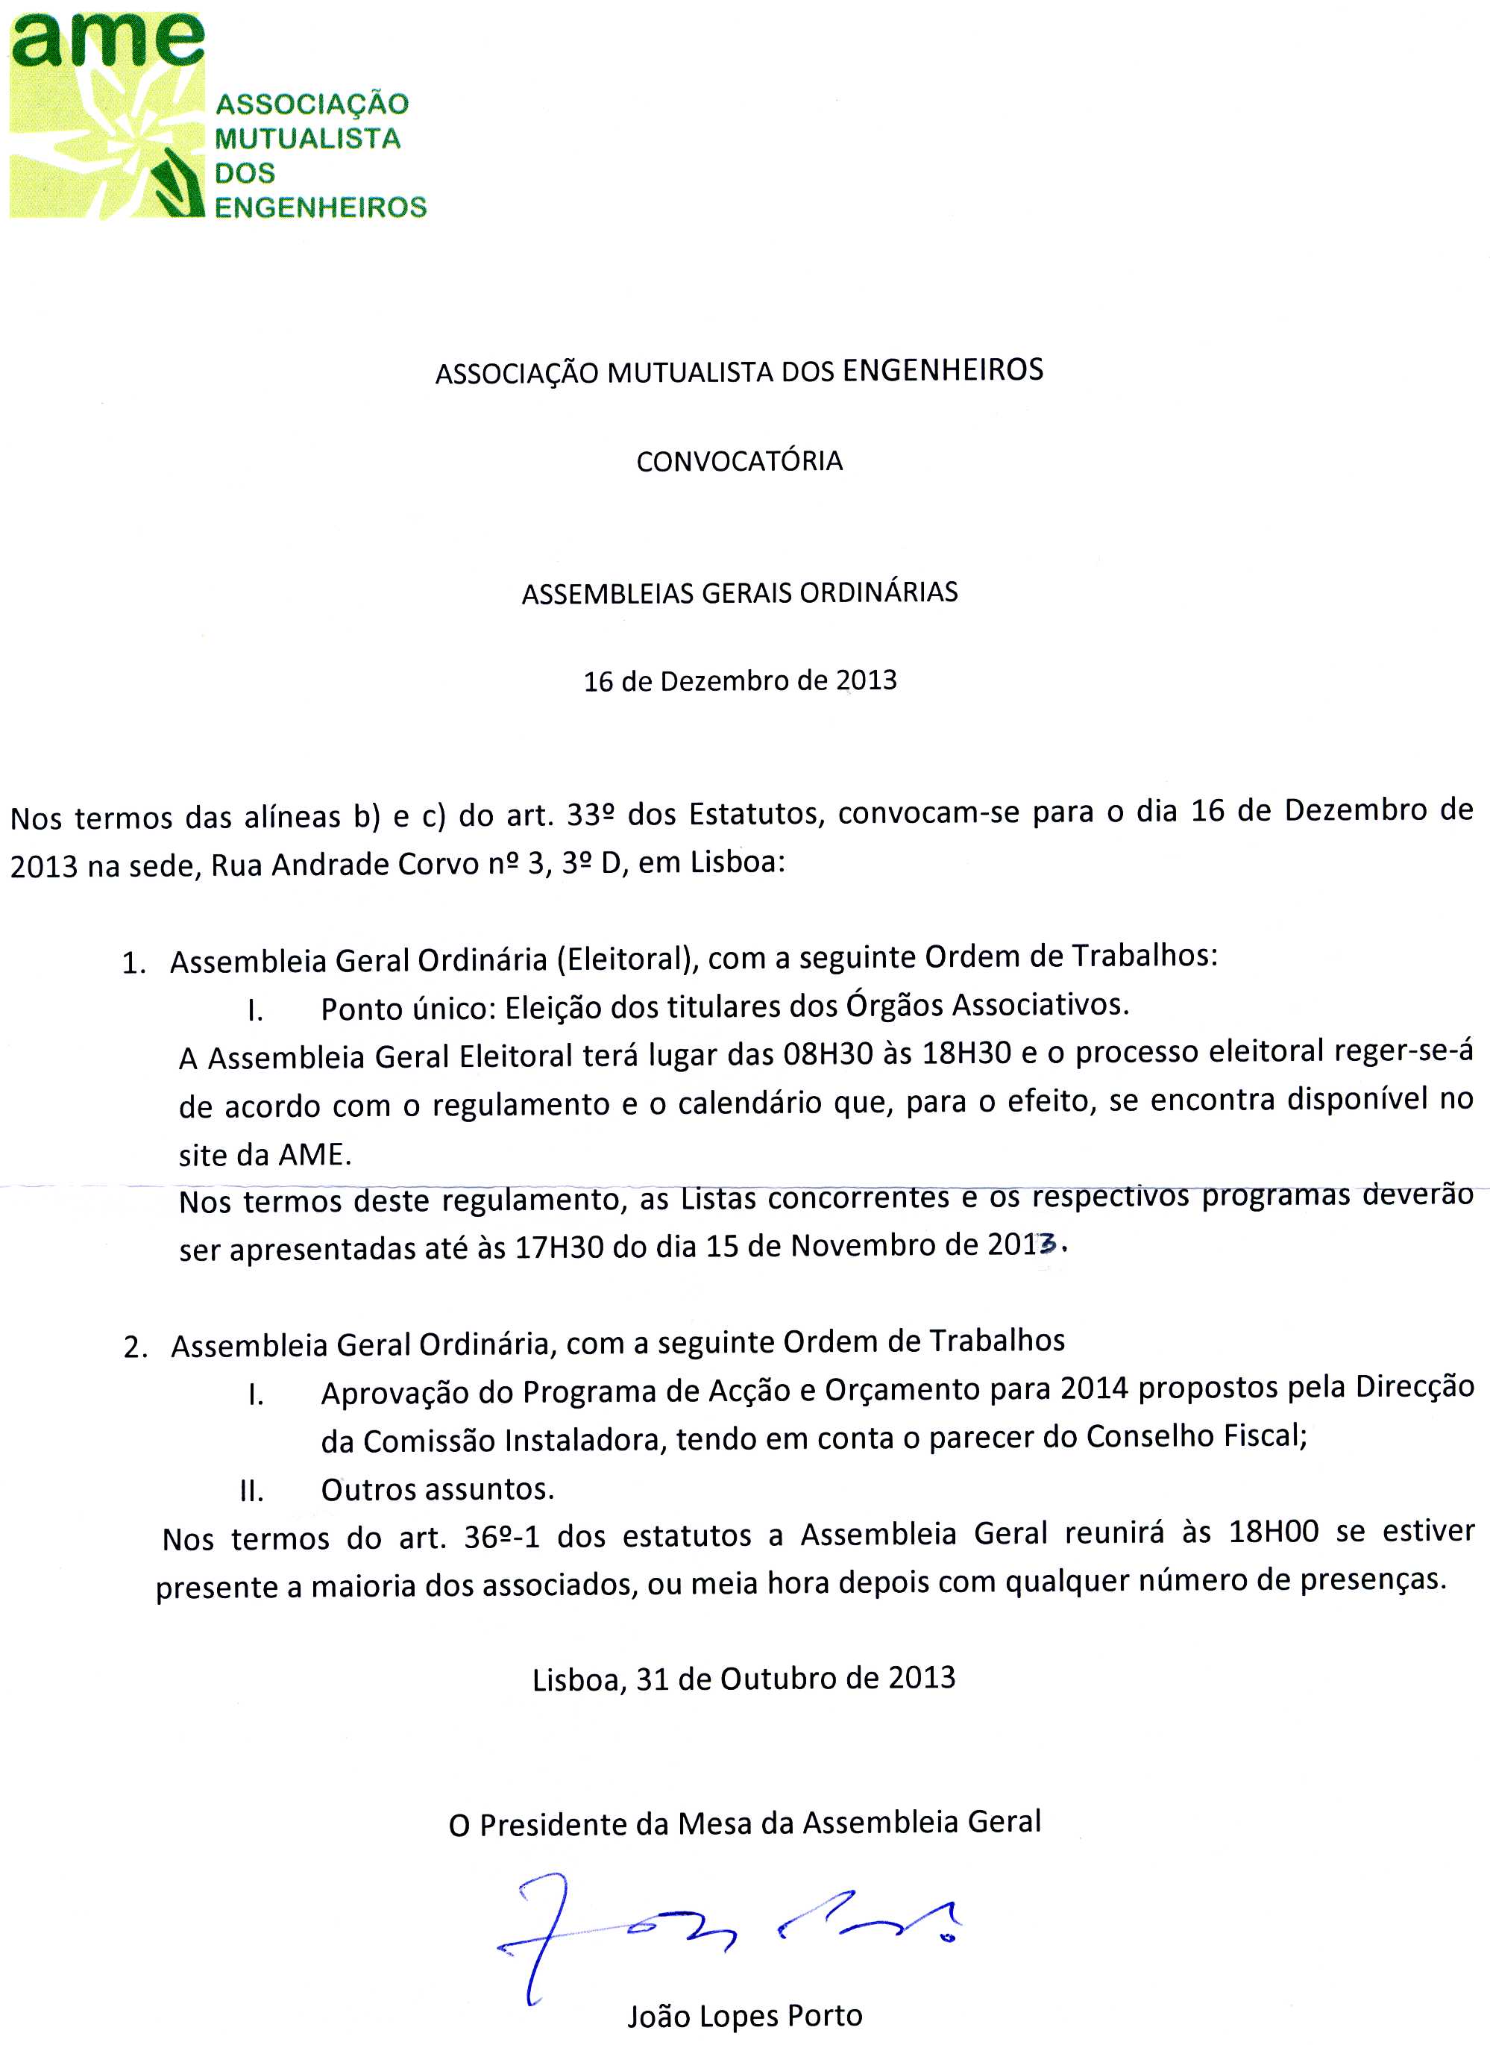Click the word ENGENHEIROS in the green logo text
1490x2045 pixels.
[320, 207]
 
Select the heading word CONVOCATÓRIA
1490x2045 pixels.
[740, 462]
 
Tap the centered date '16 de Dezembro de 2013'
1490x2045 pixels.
[740, 680]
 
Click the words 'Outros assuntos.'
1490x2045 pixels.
[438, 1488]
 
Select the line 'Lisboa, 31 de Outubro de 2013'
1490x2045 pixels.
[744, 1678]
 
